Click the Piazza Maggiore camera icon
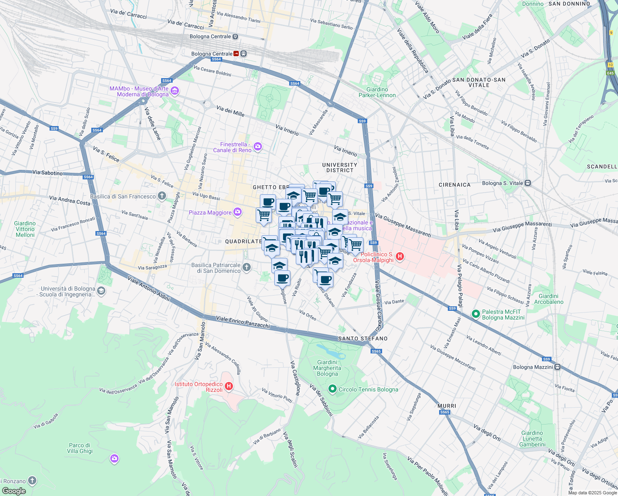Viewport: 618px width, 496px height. click(x=237, y=212)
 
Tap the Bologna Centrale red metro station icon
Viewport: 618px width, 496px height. click(x=236, y=54)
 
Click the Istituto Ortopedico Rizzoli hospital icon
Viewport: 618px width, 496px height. click(x=228, y=386)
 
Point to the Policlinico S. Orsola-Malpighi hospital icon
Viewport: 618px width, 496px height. click(x=399, y=257)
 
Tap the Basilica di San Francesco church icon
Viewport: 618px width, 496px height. click(x=162, y=196)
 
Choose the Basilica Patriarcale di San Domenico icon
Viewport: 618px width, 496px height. click(x=246, y=267)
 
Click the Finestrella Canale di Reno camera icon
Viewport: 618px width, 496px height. click(x=258, y=147)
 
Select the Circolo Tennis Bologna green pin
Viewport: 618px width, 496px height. click(x=332, y=389)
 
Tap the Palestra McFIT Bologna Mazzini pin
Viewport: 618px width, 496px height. click(x=475, y=315)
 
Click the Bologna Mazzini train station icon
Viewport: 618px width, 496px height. click(x=558, y=367)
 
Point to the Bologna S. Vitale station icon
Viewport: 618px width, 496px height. click(x=528, y=183)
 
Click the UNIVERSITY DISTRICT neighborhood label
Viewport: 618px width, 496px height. click(x=340, y=167)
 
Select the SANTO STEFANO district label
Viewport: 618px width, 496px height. click(x=363, y=339)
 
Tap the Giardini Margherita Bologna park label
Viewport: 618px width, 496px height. click(x=327, y=368)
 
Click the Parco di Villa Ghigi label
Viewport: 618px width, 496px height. click(x=80, y=448)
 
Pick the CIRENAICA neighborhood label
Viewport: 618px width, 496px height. click(x=454, y=185)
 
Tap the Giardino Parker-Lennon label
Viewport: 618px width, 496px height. click(x=377, y=92)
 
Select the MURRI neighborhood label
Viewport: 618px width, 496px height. click(x=447, y=406)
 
